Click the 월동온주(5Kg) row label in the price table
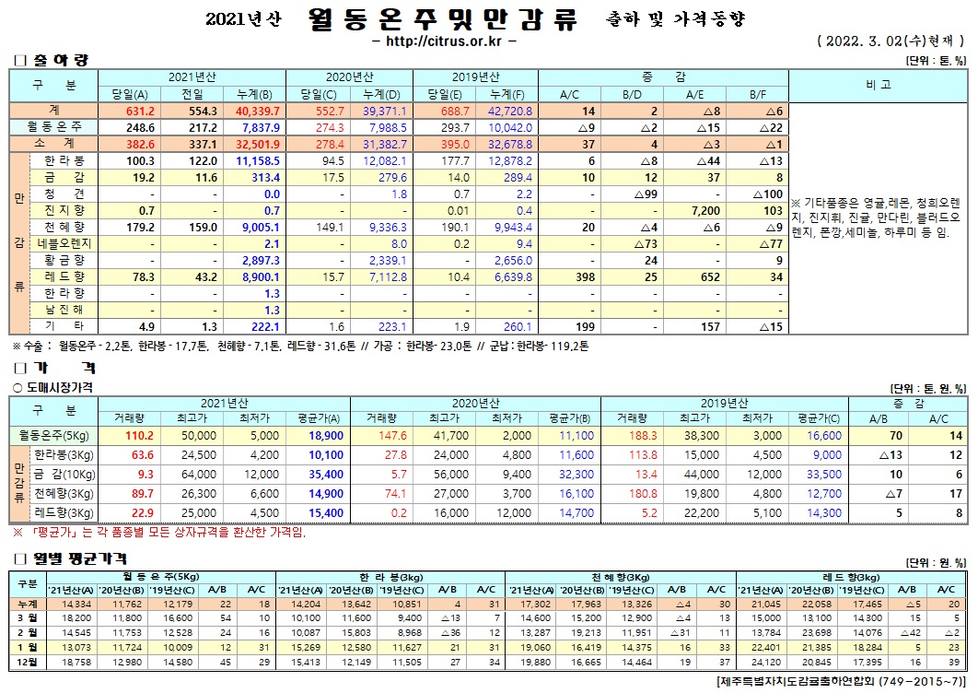click(53, 435)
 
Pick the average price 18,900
click(328, 435)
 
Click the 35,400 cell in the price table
click(328, 475)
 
